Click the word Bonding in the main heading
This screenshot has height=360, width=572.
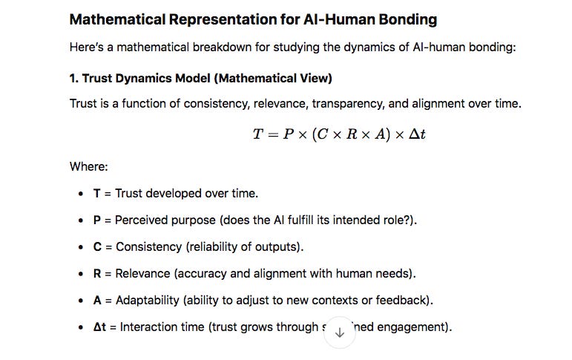pos(400,19)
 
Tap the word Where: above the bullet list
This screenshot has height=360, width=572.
pos(89,167)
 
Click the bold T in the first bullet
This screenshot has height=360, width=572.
pos(96,193)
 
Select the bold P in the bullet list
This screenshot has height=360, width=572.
pos(96,220)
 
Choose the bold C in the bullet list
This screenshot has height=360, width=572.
pos(97,246)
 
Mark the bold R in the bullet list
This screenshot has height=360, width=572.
pos(97,273)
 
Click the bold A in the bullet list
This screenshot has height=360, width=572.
pos(97,300)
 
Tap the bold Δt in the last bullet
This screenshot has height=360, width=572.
pos(100,327)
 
